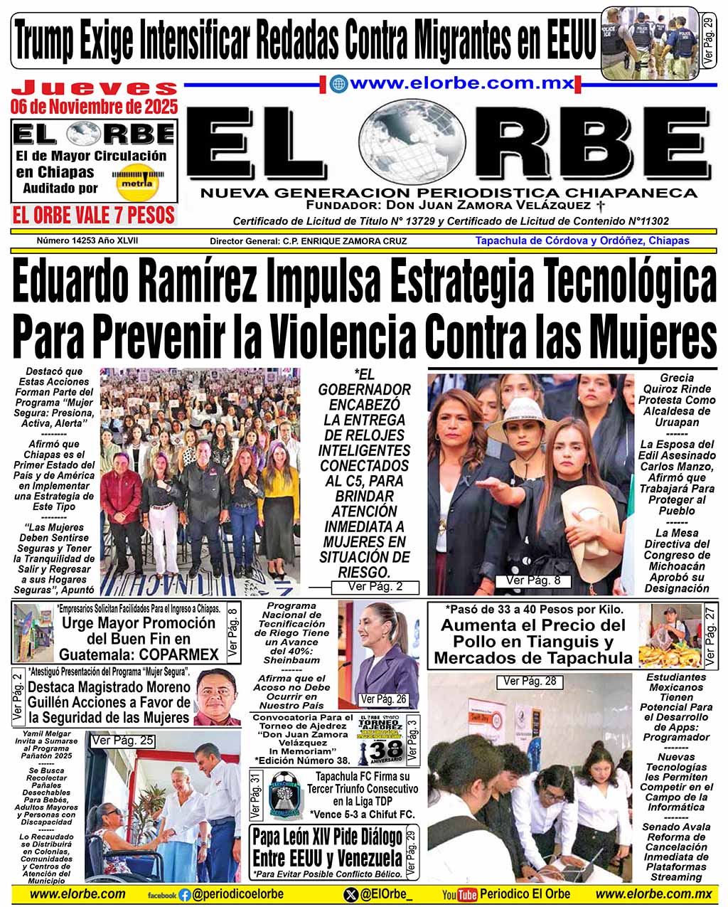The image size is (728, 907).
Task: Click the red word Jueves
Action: (95, 88)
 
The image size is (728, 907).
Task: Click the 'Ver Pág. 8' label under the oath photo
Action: (532, 580)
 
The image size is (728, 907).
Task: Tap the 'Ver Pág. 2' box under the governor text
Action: (375, 587)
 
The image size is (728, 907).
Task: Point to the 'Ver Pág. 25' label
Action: (122, 741)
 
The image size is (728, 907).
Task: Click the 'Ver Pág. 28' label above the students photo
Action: (530, 681)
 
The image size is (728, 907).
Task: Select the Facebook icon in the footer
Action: (185, 895)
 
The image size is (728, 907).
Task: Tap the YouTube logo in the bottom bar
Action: (459, 895)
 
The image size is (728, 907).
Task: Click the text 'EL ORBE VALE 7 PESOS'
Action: (93, 216)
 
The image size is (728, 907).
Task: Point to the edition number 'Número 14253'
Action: (63, 240)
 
